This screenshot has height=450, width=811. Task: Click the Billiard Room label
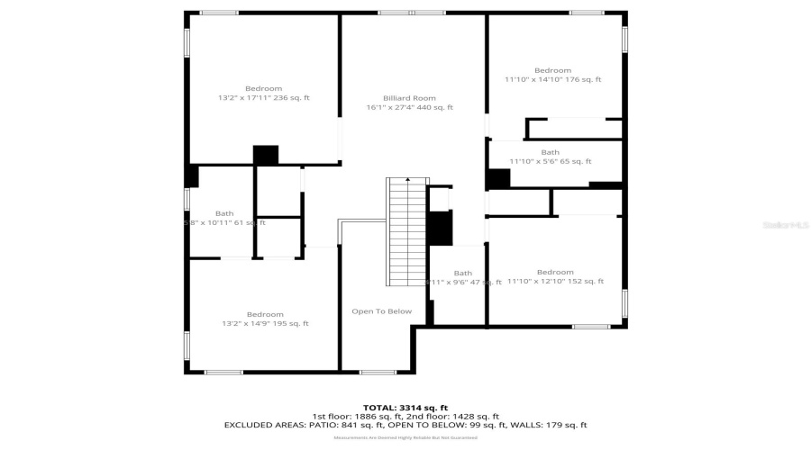coord(409,98)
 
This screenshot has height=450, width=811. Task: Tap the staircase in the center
coord(405,231)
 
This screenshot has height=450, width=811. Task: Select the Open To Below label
coord(381,311)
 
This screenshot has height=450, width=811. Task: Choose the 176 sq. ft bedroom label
coord(552,75)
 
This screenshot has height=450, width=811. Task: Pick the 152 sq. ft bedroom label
coord(554,276)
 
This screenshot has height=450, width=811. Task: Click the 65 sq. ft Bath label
coord(550,157)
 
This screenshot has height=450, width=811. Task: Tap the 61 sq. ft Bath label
coord(224,218)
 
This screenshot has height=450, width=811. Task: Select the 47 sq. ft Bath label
coord(463,277)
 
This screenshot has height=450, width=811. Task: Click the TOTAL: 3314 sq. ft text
coord(405,408)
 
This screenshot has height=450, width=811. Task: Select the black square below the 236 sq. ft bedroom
coord(266,155)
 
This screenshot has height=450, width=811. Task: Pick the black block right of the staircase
coord(439,228)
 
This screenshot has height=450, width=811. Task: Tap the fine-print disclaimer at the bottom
coord(405,437)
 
